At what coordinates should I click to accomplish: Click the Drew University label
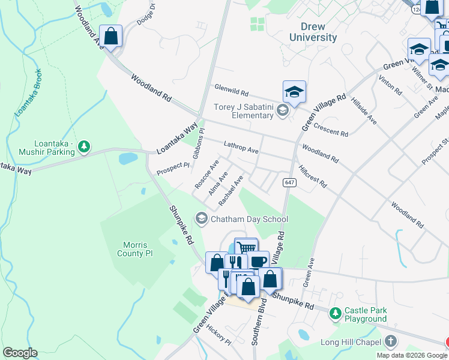(313, 32)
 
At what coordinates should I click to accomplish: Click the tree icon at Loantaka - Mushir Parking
(85, 146)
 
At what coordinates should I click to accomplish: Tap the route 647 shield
(289, 182)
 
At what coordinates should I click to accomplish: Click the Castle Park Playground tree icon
(336, 311)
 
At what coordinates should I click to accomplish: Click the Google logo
(20, 353)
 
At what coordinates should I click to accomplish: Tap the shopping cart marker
(246, 247)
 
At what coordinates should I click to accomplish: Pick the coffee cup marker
(258, 261)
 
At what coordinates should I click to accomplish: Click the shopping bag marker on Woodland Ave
(111, 35)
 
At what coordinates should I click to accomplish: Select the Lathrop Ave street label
(241, 147)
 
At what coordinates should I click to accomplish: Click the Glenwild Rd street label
(232, 91)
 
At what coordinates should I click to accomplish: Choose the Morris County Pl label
(137, 249)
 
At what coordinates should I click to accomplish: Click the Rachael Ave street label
(231, 188)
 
